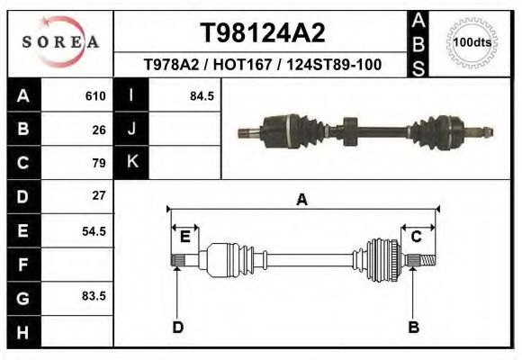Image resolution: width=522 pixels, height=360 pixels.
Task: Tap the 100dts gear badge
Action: [472, 42]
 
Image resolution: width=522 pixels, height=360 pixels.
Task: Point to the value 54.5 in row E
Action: [94, 230]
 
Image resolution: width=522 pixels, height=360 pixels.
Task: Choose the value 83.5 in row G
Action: [94, 296]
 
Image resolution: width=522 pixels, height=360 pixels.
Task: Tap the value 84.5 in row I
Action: [202, 96]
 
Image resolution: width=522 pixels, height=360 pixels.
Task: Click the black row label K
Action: [131, 162]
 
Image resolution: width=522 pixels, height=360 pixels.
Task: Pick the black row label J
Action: [131, 130]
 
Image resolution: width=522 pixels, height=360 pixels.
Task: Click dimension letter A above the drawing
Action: [302, 201]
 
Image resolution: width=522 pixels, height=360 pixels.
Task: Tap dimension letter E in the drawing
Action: [184, 237]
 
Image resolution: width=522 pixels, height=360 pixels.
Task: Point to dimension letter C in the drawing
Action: [417, 237]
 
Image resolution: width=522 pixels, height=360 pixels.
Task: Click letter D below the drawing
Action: [178, 327]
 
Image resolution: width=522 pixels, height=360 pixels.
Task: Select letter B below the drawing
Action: [413, 327]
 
